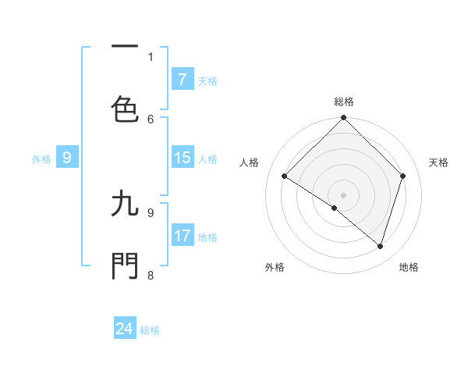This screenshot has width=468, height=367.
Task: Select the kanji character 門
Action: click(125, 265)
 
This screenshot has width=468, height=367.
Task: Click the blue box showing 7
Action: click(183, 79)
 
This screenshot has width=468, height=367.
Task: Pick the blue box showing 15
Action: click(183, 158)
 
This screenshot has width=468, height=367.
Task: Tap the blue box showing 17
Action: click(183, 236)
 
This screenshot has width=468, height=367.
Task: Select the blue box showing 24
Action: click(125, 329)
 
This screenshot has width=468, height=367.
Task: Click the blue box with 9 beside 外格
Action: click(67, 158)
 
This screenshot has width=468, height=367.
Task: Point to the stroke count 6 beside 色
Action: click(151, 119)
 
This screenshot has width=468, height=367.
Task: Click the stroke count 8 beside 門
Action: click(151, 275)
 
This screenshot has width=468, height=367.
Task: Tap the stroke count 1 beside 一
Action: click(151, 56)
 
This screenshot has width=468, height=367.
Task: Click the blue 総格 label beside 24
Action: click(150, 330)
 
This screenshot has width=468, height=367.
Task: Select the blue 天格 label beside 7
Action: click(207, 80)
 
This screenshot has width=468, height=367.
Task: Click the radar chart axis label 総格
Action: click(344, 102)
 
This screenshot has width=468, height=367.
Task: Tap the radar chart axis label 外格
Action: click(275, 267)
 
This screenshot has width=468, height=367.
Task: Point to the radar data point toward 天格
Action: click(403, 176)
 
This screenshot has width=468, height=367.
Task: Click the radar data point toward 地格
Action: click(380, 246)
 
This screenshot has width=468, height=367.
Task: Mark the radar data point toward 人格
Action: click(285, 176)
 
